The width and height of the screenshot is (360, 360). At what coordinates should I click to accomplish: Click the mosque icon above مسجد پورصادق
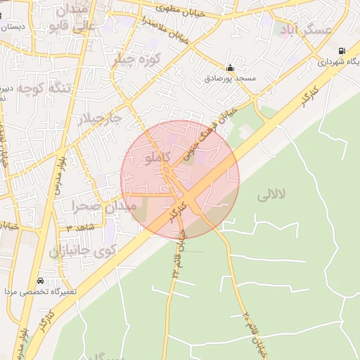point(230,68)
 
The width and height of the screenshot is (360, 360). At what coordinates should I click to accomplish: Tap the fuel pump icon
point(342,51)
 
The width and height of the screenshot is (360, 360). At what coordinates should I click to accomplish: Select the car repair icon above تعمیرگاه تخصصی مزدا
point(39,281)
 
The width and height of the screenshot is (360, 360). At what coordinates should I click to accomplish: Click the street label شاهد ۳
point(79,227)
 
